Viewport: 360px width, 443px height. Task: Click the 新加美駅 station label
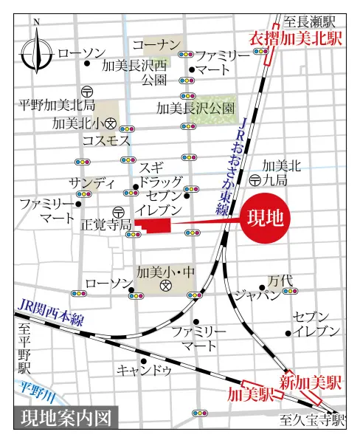(311, 382)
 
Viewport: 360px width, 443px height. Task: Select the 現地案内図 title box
(65, 418)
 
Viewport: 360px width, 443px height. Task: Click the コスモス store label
(106, 140)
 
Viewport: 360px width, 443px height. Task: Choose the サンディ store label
(92, 182)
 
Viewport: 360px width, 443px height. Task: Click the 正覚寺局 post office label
(105, 224)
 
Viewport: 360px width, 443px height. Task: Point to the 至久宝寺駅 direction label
(313, 422)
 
